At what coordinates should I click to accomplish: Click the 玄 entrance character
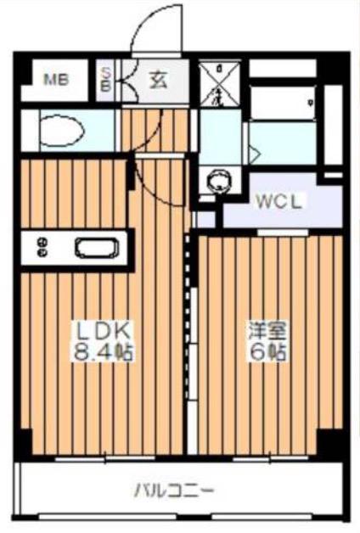tap(158, 81)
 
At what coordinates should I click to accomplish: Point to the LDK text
tap(98, 329)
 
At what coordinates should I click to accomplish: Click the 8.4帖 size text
tap(100, 349)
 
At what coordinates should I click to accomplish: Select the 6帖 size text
tap(266, 349)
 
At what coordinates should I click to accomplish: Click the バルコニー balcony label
tap(175, 490)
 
